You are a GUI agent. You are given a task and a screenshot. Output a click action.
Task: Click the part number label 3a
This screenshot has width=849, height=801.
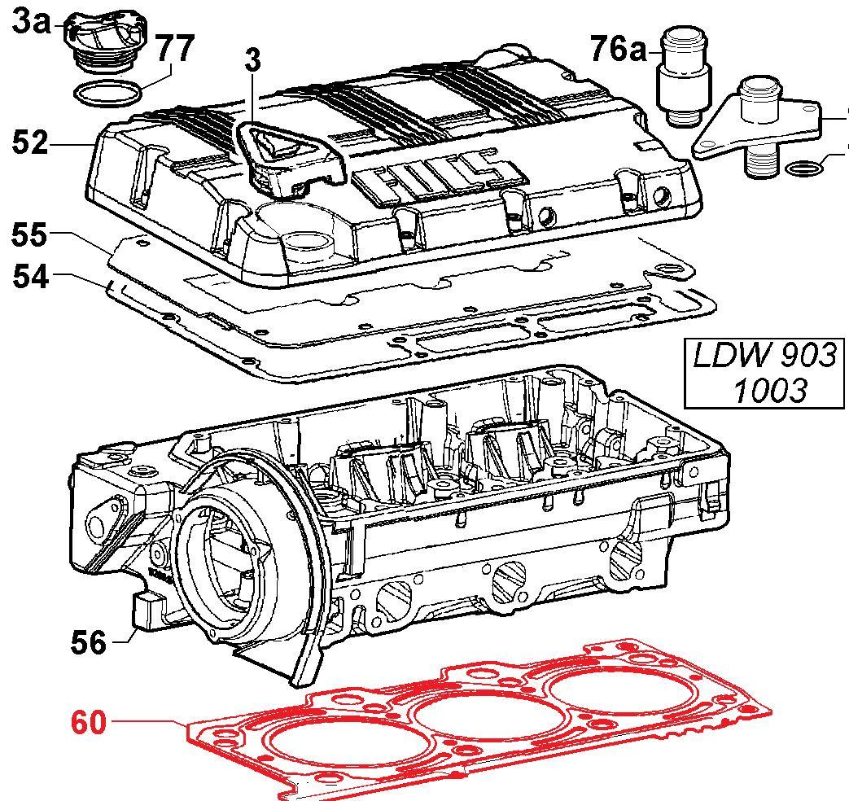coord(31,22)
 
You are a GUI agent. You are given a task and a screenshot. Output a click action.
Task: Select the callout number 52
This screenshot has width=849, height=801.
coord(31,143)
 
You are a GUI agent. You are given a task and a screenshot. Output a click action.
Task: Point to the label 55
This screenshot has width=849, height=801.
coord(30,235)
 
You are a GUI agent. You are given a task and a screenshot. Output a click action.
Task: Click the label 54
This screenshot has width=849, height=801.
coord(30,277)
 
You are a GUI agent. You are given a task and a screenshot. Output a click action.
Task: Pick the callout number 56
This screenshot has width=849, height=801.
coord(87,642)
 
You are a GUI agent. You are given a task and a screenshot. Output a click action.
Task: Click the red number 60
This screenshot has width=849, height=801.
coord(89,722)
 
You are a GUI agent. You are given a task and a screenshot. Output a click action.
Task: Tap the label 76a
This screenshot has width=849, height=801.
coord(617,49)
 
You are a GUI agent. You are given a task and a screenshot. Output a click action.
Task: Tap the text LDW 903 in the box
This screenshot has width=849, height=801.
coord(764,356)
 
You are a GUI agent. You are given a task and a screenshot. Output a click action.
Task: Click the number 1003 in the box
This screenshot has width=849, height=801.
coord(768,391)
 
